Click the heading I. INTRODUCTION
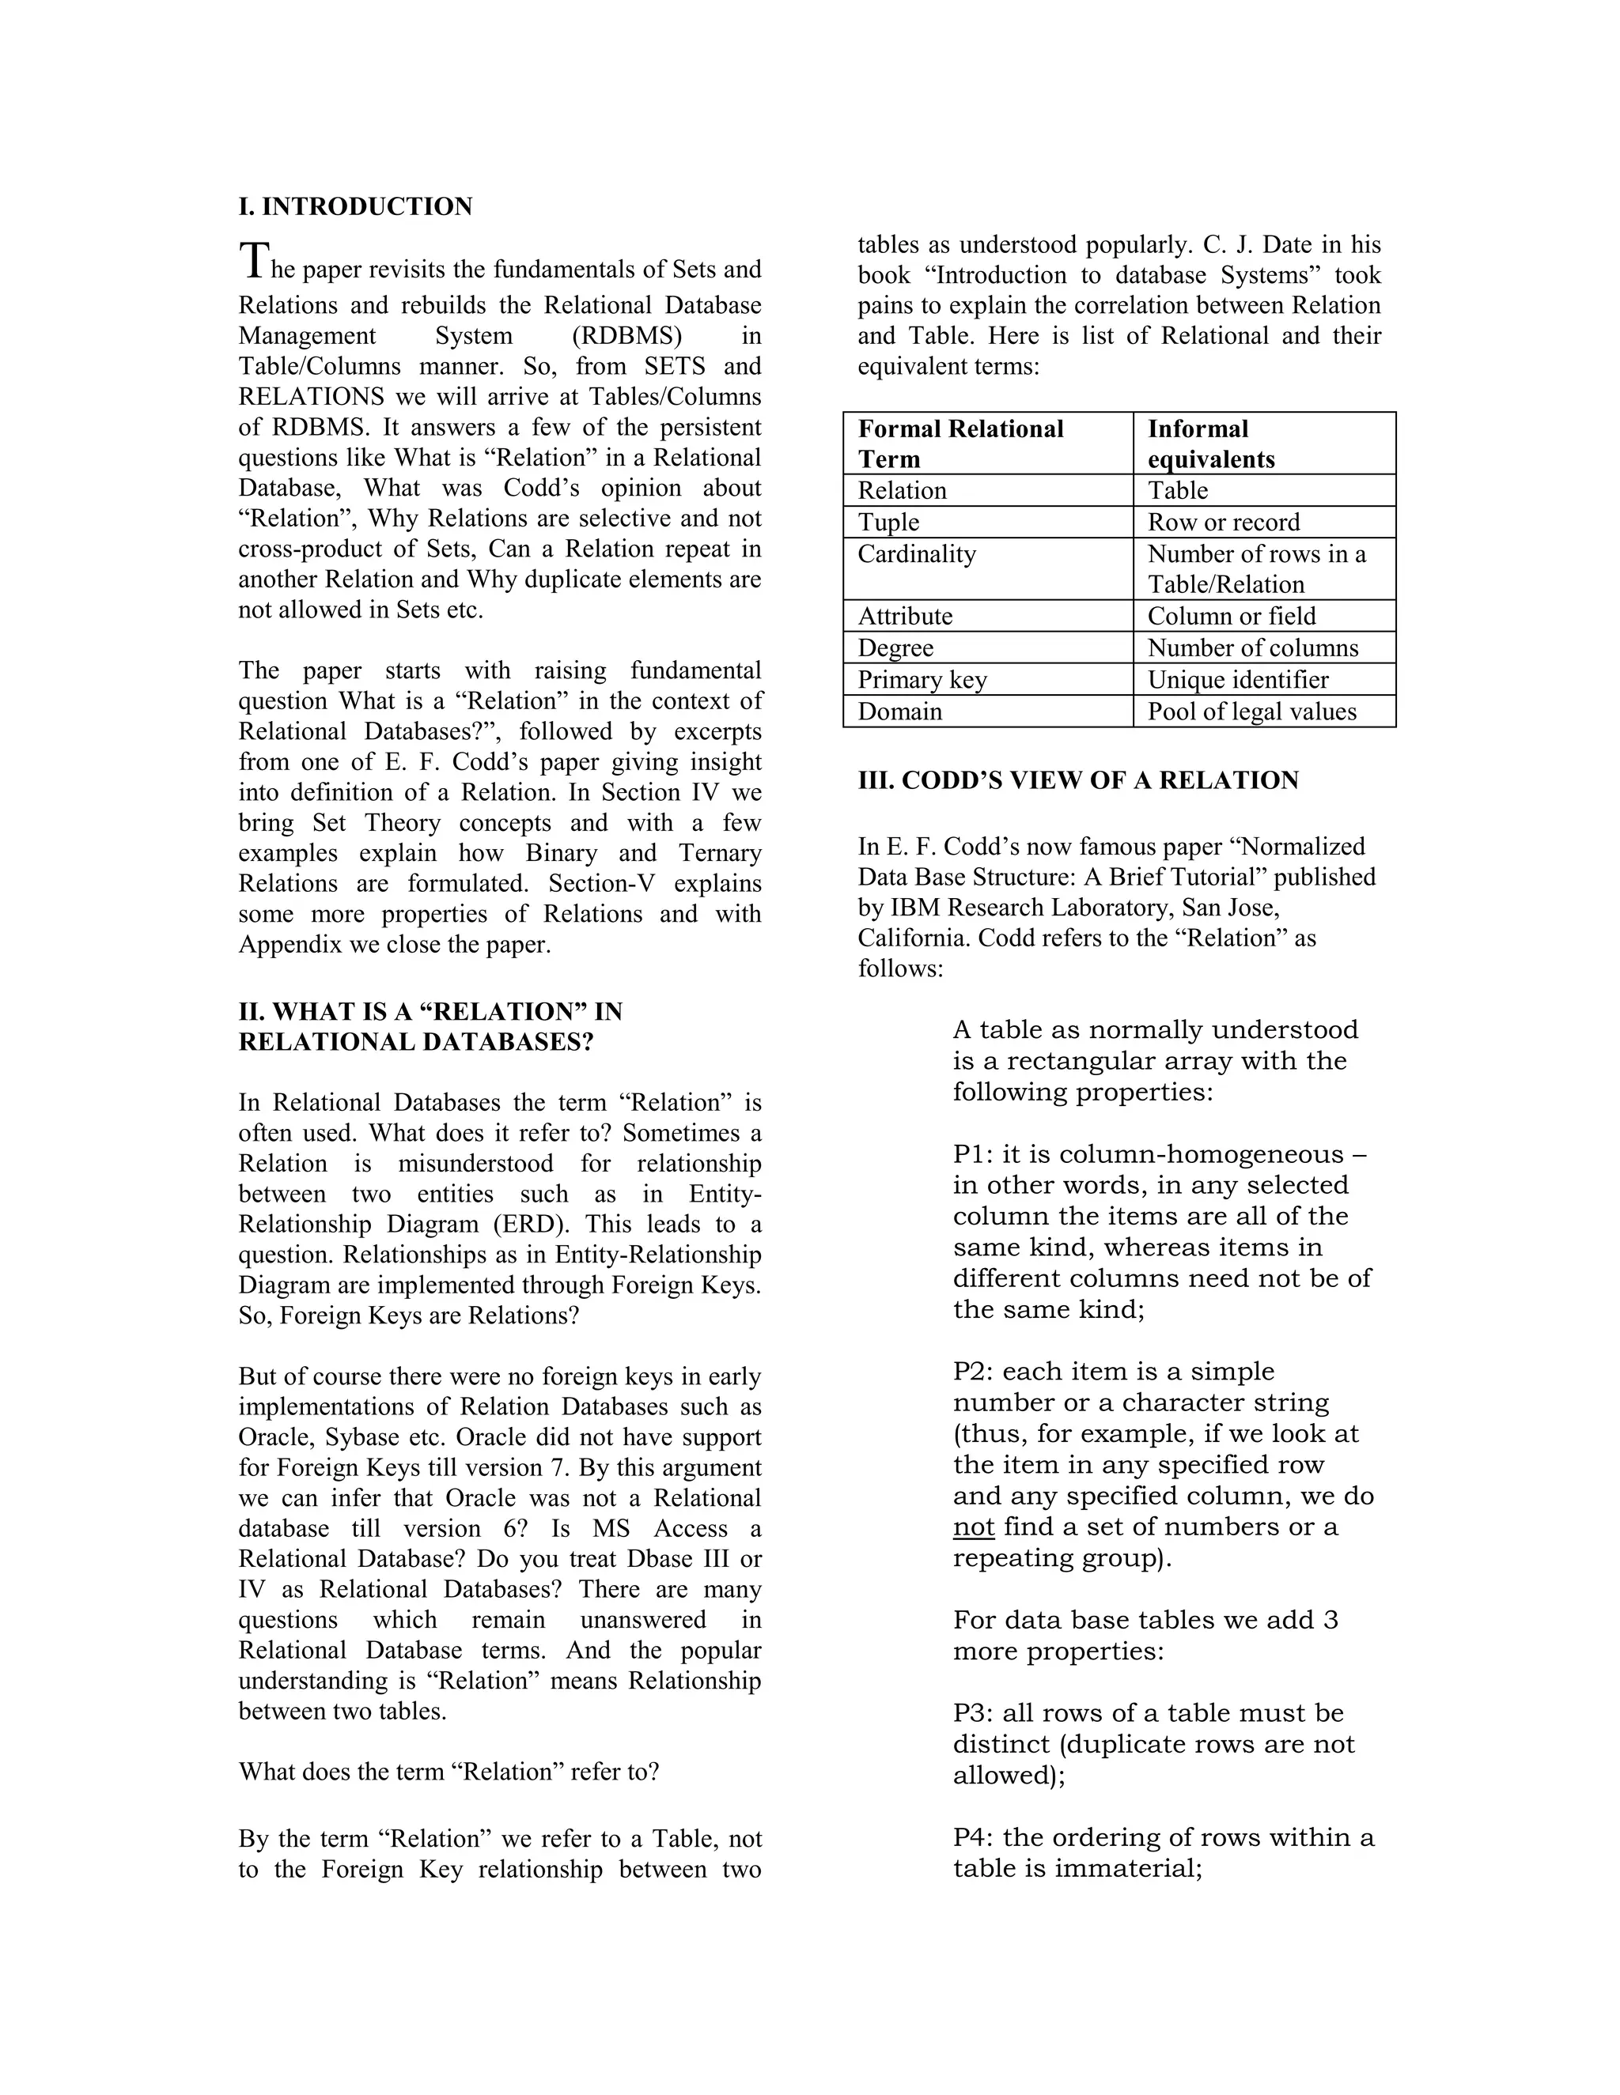click(355, 207)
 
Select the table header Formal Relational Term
click(960, 444)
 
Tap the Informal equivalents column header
click(1210, 444)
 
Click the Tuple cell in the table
click(888, 523)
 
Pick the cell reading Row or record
click(1223, 523)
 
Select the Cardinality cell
click(917, 554)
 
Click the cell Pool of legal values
click(1251, 712)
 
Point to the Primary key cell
click(922, 680)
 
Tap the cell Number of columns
click(1252, 648)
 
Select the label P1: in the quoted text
click(973, 1155)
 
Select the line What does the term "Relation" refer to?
click(449, 1772)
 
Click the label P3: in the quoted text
click(973, 1713)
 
